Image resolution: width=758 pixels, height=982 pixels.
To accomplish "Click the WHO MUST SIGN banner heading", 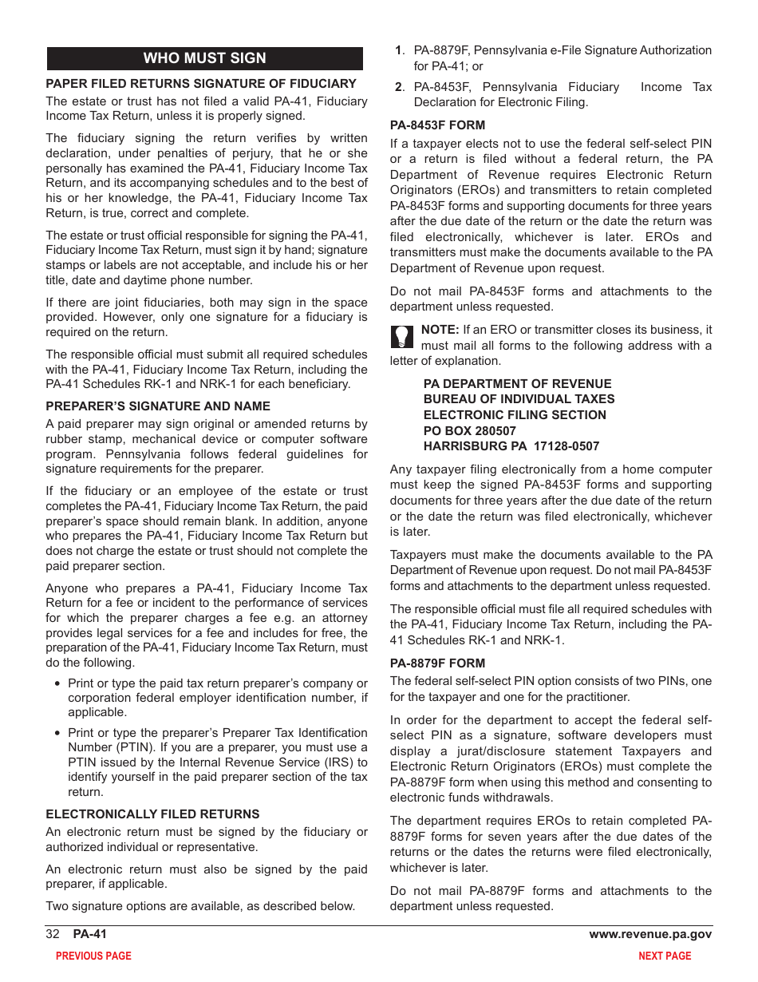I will [x=204, y=58].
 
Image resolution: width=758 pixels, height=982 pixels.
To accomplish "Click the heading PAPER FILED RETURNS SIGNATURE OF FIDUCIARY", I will [x=201, y=83].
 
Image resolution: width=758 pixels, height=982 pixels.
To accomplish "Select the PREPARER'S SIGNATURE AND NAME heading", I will [x=158, y=406].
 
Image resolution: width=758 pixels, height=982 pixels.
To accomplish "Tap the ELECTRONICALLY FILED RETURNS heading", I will [x=152, y=814].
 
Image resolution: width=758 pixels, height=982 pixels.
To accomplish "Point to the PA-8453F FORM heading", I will [x=437, y=125].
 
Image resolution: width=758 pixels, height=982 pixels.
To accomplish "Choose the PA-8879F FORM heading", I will [x=437, y=663].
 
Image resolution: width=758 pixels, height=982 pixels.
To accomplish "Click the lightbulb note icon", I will [x=401, y=336].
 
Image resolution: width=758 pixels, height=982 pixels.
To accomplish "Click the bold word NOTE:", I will [x=440, y=330].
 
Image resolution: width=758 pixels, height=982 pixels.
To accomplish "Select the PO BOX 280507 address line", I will [x=469, y=430].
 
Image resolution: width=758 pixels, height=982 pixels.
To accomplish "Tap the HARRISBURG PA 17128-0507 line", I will [x=511, y=446].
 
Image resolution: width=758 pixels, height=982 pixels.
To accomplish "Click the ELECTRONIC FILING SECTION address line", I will [x=514, y=415].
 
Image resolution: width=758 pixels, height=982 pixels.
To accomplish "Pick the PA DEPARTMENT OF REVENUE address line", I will [x=517, y=384].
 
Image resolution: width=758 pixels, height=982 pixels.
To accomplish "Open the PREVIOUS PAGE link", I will [x=93, y=956].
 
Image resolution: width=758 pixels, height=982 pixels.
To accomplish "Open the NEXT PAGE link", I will [x=665, y=956].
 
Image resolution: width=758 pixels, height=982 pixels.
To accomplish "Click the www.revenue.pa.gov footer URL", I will [x=650, y=935].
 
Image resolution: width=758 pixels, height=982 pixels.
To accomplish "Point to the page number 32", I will [x=53, y=935].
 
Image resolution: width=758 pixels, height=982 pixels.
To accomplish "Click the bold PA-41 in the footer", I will [x=89, y=935].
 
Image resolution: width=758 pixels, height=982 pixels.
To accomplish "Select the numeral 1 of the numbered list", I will [x=398, y=50].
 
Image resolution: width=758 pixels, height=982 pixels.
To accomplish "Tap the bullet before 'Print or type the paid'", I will [x=57, y=684].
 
